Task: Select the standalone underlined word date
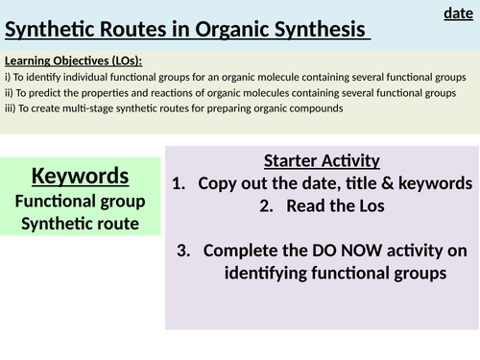point(458,12)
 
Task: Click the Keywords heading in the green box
point(80,176)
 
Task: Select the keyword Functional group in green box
point(80,201)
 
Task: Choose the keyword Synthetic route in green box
point(80,224)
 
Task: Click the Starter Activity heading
point(322,160)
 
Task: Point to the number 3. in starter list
point(185,251)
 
